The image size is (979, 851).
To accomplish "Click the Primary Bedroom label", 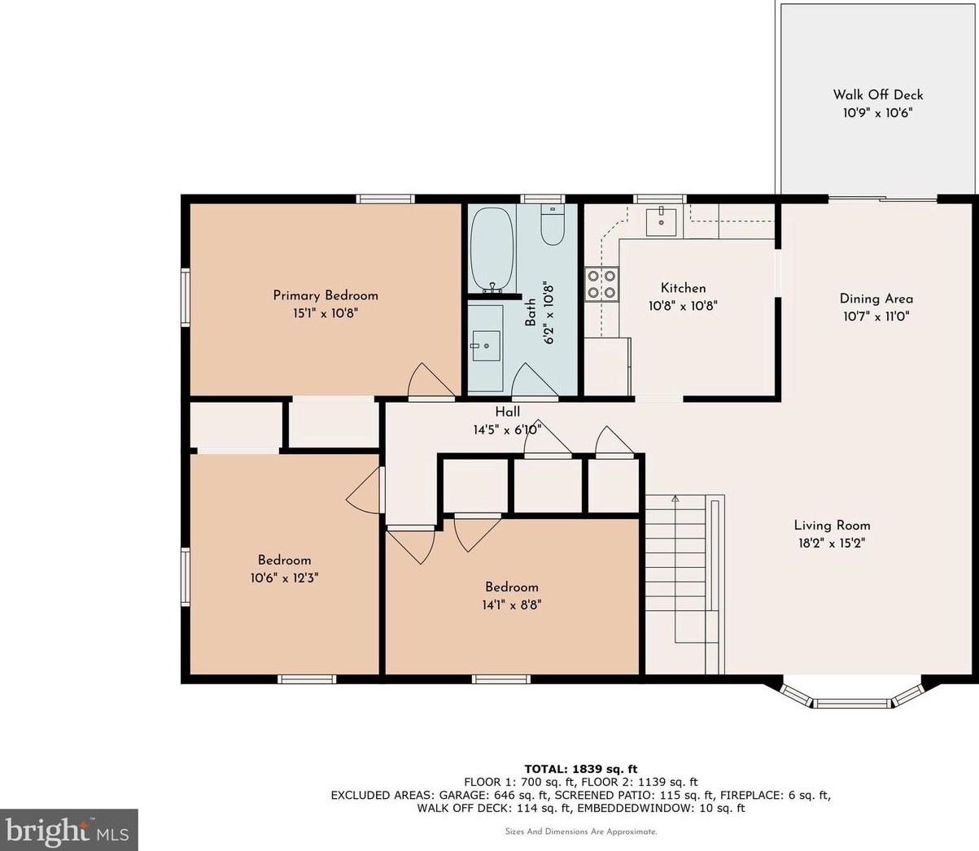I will coord(325,295).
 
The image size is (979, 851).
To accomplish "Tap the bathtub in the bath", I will coord(492,248).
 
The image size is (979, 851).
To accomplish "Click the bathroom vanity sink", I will coord(486,345).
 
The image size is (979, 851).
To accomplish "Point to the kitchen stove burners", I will coord(601,283).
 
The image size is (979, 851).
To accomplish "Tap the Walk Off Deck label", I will coord(877,95).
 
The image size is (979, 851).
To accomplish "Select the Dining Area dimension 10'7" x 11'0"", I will coord(876,316).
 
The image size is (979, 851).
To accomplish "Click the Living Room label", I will coord(832,526).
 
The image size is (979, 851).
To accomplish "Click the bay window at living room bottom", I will coord(852,698).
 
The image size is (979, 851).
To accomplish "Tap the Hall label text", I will coord(507,412).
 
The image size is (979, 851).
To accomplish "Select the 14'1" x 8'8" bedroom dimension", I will coord(512,604).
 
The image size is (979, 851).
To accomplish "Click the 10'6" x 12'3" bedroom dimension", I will coord(285,578).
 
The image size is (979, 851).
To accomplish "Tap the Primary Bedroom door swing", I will coord(430,381).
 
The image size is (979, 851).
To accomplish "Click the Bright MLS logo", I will coord(68,830).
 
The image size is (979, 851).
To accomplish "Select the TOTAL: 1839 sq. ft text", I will coord(580,768).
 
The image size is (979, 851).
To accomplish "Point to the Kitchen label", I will coord(683,288).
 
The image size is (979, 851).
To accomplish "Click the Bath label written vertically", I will coord(531,312).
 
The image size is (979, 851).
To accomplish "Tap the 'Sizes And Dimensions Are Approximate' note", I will coord(580,831).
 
